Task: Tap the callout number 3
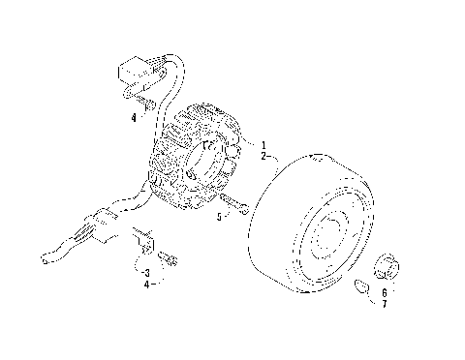pyautogui.click(x=145, y=272)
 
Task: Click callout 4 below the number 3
pyautogui.click(x=145, y=285)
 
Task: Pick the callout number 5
pyautogui.click(x=220, y=218)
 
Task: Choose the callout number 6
pyautogui.click(x=384, y=292)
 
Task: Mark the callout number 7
pyautogui.click(x=384, y=305)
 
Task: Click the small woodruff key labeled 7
pyautogui.click(x=360, y=285)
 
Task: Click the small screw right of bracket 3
pyautogui.click(x=171, y=258)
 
